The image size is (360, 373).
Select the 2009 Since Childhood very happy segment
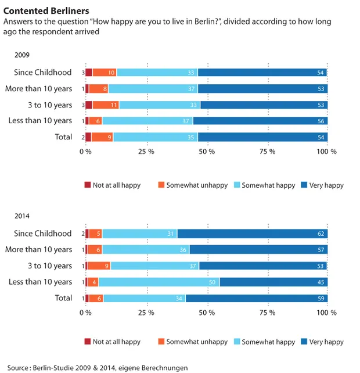click(262, 73)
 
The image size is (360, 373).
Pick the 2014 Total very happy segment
click(257, 298)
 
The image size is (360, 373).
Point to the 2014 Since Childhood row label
click(43, 234)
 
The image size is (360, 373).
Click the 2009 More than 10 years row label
click(38, 89)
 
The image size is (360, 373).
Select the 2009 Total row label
click(63, 137)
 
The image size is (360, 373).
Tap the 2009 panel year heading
click(22, 55)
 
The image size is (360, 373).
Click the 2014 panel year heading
click(22, 216)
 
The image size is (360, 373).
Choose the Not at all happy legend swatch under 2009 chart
click(88, 185)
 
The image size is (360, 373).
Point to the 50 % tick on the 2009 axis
click(207, 151)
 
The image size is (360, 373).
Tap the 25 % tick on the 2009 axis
click(146, 151)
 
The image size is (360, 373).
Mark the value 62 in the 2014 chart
click(320, 234)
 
